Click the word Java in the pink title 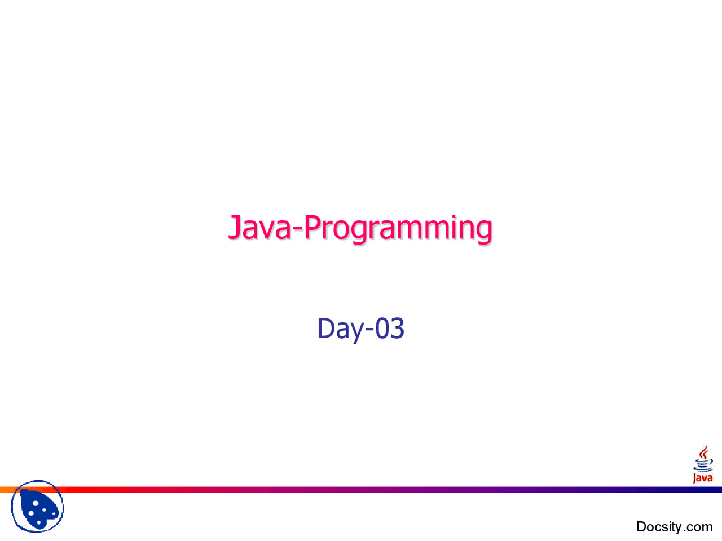[x=259, y=227]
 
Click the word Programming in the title [x=398, y=229]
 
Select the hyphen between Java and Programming [x=297, y=230]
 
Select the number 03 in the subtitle [x=390, y=328]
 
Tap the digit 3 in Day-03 [x=397, y=328]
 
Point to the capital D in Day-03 [x=325, y=328]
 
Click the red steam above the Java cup [x=703, y=453]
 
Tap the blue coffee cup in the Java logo [x=703, y=465]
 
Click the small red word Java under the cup [x=702, y=477]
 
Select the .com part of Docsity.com [x=698, y=528]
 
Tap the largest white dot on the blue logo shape [x=36, y=504]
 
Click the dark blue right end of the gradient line [x=717, y=490]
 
